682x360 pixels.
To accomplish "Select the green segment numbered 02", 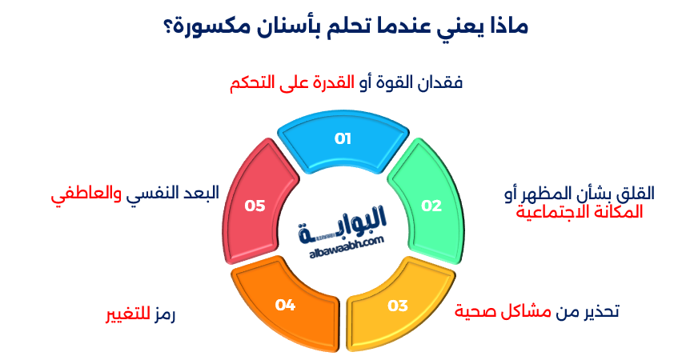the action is (x=428, y=203).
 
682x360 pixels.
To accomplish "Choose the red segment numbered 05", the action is (x=257, y=203).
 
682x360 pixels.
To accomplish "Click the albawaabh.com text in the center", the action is (x=347, y=246).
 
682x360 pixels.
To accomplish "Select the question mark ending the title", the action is (x=168, y=27).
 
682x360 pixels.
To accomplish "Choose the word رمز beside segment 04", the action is (x=164, y=314).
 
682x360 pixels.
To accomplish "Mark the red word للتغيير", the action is (x=128, y=314).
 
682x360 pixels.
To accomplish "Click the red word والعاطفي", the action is (x=86, y=194).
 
